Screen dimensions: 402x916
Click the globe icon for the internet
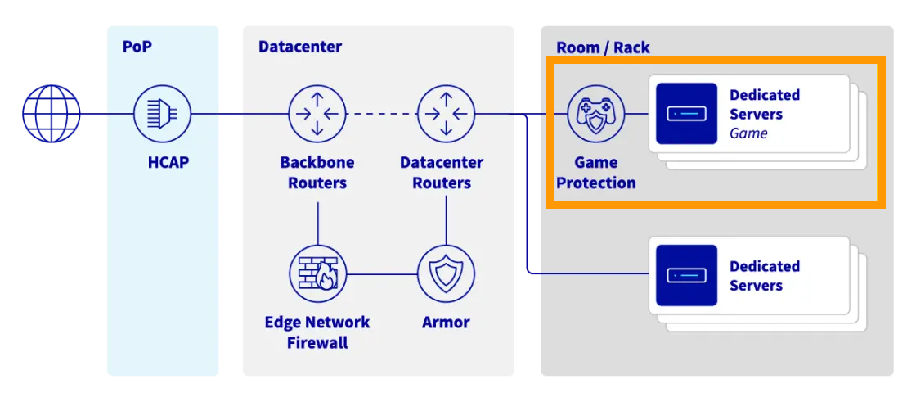52,114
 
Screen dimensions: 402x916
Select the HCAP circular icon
162,114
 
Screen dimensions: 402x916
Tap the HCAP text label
168,162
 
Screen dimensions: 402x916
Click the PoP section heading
137,47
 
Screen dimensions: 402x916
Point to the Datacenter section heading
300,47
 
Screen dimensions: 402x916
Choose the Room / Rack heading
603,47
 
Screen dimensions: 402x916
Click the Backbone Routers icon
317,114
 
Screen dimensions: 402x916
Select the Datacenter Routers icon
446,114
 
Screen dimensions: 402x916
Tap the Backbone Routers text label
317,173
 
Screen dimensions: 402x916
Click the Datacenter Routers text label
442,173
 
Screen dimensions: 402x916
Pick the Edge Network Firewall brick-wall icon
317,274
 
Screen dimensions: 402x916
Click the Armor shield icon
446,274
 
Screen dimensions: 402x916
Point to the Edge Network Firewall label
317,332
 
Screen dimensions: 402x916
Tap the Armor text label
446,323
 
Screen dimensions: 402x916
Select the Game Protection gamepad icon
595,114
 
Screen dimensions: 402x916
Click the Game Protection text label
596,173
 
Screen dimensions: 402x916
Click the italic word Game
748,133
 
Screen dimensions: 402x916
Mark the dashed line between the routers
381,114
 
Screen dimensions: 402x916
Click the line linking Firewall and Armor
381,274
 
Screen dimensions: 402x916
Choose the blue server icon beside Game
686,114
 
